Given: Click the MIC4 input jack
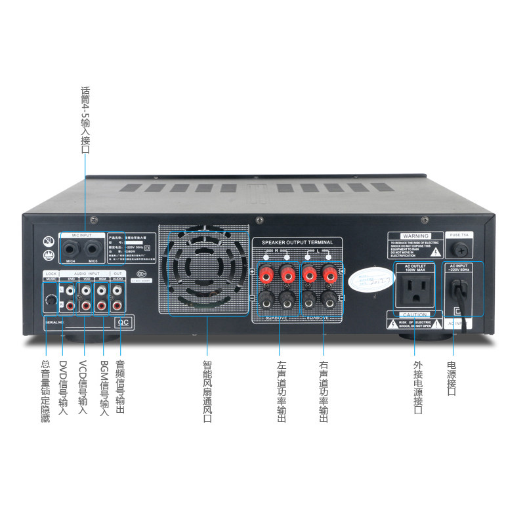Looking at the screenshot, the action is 70,250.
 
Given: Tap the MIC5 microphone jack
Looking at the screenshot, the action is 93,250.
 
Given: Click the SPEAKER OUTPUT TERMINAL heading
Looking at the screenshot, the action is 297,242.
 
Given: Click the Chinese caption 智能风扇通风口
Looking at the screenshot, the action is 207,390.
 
